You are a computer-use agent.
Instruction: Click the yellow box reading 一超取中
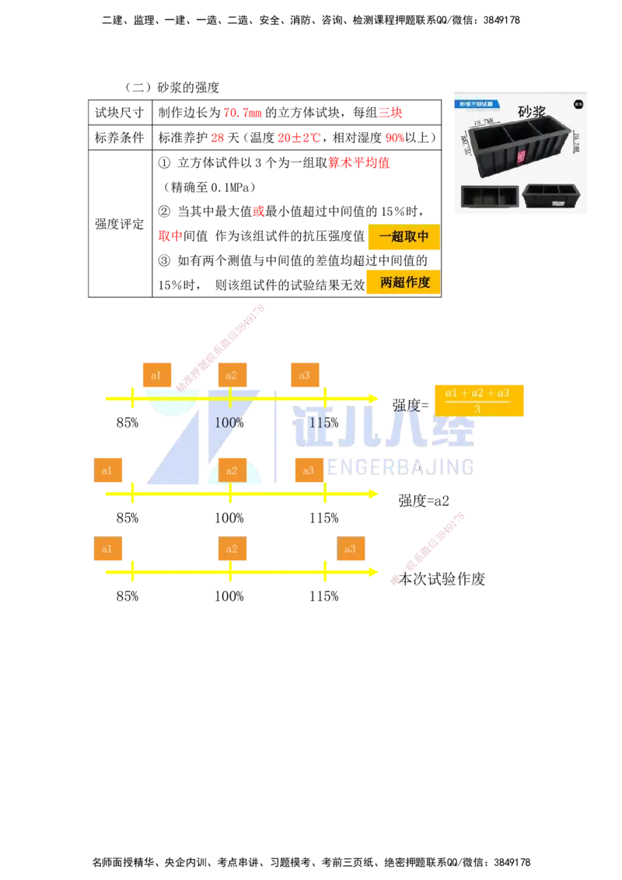pyautogui.click(x=404, y=238)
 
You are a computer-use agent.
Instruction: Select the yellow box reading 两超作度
pyautogui.click(x=403, y=282)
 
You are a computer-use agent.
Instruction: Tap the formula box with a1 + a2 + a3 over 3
pyautogui.click(x=477, y=398)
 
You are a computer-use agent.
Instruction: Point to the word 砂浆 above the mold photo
pyautogui.click(x=532, y=111)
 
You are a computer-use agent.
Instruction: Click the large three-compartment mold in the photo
pyautogui.click(x=519, y=144)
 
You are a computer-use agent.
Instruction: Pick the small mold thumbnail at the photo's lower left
pyautogui.click(x=489, y=196)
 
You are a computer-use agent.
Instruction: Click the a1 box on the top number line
pyautogui.click(x=156, y=375)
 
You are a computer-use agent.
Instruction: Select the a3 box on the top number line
pyautogui.click(x=305, y=375)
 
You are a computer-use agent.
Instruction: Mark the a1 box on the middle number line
pyautogui.click(x=108, y=470)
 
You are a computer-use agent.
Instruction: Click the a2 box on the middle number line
pyautogui.click(x=232, y=470)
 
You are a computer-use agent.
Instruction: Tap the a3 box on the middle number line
pyautogui.click(x=309, y=470)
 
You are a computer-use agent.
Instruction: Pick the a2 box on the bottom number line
pyautogui.click(x=232, y=549)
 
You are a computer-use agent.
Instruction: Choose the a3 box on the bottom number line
pyautogui.click(x=351, y=549)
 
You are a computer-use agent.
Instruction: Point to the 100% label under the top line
pyautogui.click(x=229, y=423)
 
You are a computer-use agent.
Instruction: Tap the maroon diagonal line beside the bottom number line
pyautogui.click(x=429, y=547)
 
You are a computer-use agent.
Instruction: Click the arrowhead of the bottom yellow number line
pyautogui.click(x=373, y=571)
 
